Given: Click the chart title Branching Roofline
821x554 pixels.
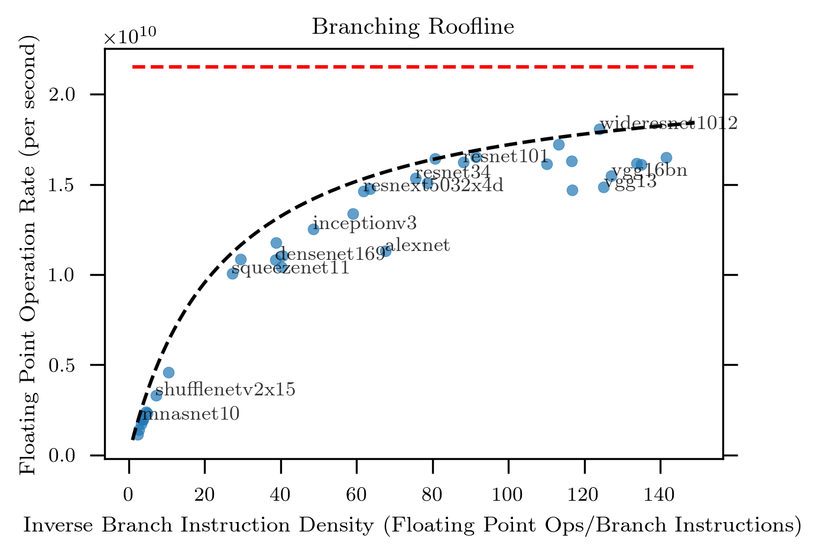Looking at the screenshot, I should tap(413, 27).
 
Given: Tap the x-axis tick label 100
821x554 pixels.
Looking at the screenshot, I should tap(508, 495).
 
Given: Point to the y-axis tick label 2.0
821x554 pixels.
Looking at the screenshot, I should tap(83, 95).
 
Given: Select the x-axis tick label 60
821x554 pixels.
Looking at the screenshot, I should tap(356, 495).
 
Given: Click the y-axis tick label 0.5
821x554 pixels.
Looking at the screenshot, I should tap(83, 365).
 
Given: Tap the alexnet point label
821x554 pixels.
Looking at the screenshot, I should tap(418, 245).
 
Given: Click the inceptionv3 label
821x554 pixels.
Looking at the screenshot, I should tap(365, 223).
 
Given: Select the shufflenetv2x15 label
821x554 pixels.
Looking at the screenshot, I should tap(225, 389).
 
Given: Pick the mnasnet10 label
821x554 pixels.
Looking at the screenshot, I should tap(190, 414).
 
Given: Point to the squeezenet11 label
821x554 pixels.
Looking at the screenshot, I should tap(290, 268).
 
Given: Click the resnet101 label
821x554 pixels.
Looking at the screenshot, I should tap(506, 156).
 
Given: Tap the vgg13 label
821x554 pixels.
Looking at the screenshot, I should tap(630, 182).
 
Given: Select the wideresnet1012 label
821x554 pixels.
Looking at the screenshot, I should tap(669, 123).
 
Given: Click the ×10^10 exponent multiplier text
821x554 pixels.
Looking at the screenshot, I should tap(130, 37).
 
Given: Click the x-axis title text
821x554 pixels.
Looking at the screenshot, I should tap(413, 526).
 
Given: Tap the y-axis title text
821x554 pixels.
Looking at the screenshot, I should tap(28, 254).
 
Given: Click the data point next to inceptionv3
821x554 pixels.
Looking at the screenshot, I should tap(313, 229).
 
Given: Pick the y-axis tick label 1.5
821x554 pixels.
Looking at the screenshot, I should tap(83, 185).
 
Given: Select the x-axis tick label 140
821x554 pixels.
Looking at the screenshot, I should tap(660, 495).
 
